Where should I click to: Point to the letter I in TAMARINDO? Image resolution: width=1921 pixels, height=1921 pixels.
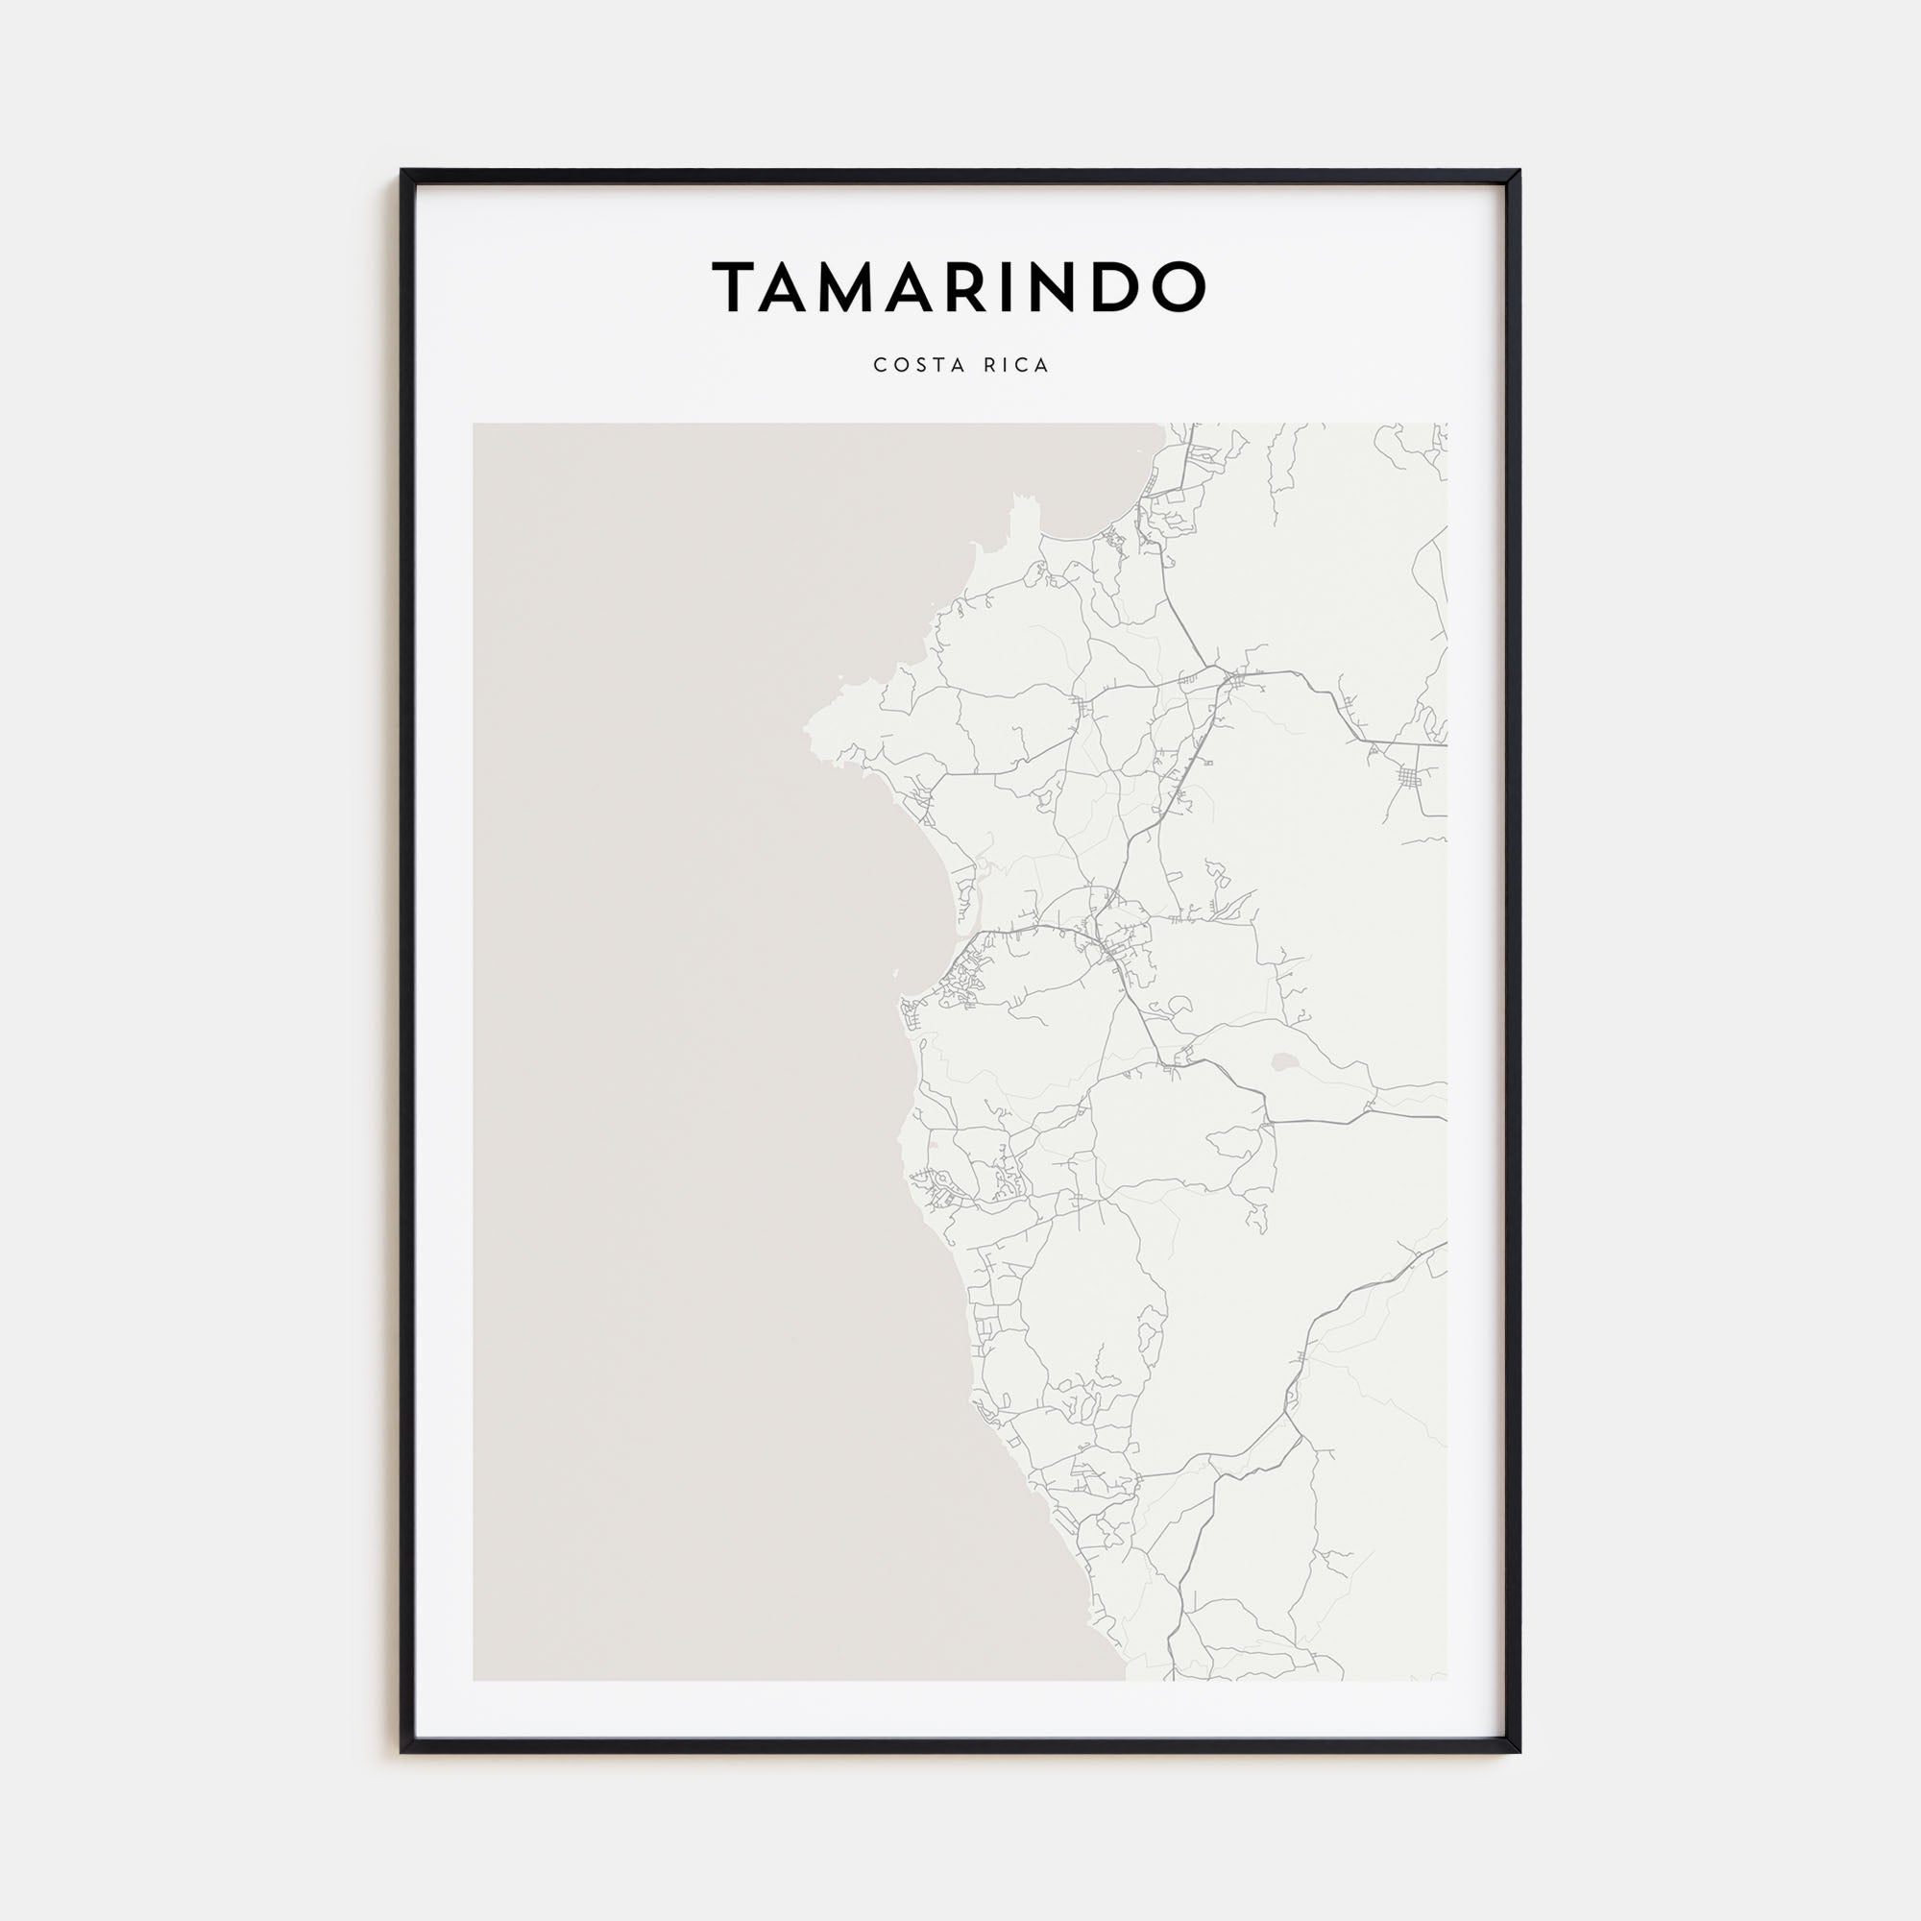pyautogui.click(x=1038, y=286)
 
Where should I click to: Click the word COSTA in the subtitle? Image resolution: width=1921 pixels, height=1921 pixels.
pyautogui.click(x=908, y=365)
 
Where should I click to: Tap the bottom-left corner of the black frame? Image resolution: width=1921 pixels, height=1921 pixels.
pyautogui.click(x=402, y=1751)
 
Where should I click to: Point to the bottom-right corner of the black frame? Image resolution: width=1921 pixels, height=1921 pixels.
pyautogui.click(x=1519, y=1751)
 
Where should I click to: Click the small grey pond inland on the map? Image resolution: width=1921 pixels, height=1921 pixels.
pyautogui.click(x=1284, y=1064)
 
